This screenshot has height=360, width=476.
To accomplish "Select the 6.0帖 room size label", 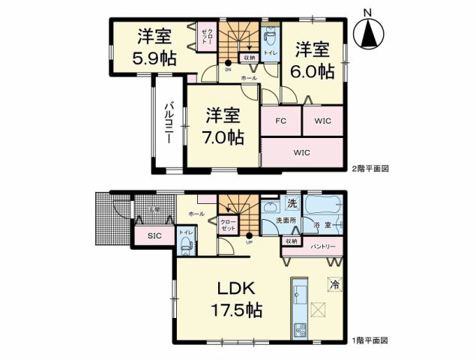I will (313, 61).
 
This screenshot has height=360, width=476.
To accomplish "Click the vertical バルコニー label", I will (169, 124).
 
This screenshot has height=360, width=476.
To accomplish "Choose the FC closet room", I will (281, 120).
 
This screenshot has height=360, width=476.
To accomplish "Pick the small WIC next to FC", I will (323, 120).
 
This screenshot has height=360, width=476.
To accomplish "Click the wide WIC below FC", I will (301, 153).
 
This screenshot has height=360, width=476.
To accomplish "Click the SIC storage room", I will (154, 236).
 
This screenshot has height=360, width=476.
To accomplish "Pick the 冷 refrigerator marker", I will (334, 285).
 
